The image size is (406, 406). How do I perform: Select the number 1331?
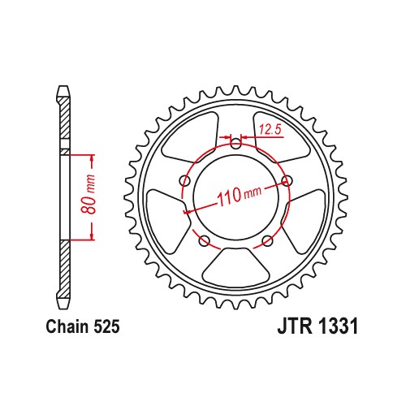coord(339,328)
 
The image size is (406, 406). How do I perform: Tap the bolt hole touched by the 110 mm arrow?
coord(286,182)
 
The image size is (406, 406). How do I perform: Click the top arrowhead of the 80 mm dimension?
coord(91,157)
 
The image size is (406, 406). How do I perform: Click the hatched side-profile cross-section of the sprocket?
coord(63,195)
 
